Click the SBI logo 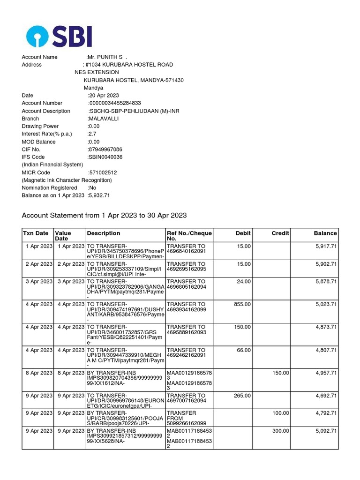[x=59, y=36]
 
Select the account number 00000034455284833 [x=114, y=103]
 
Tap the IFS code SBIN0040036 [x=105, y=157]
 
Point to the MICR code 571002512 [x=103, y=172]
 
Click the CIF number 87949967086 [x=105, y=150]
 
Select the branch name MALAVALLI [x=104, y=119]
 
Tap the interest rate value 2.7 [x=92, y=134]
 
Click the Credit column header [x=280, y=233]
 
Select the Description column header [x=104, y=233]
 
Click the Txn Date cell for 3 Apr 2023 [x=39, y=281]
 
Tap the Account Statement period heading [x=105, y=216]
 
